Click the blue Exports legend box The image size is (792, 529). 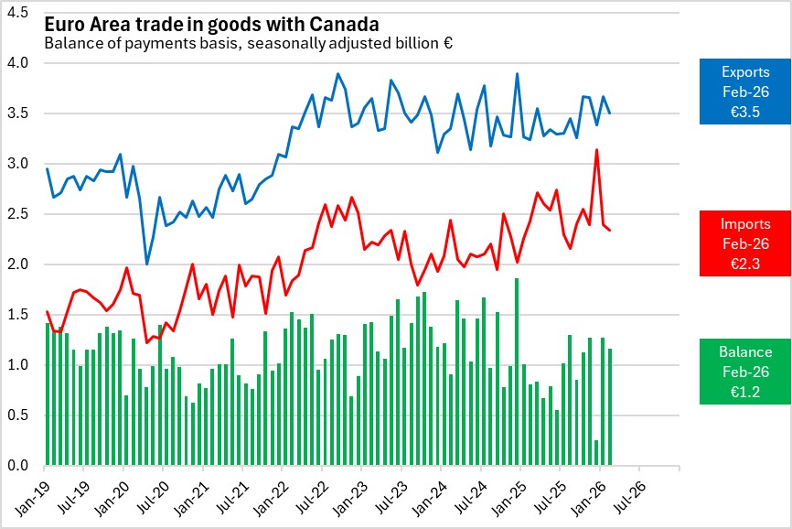click(x=745, y=92)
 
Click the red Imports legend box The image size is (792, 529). click(x=745, y=243)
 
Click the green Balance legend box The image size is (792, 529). click(x=745, y=372)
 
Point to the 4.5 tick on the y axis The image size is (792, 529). click(x=18, y=14)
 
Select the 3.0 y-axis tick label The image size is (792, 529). click(x=18, y=165)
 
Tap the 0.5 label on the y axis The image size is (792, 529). click(x=18, y=416)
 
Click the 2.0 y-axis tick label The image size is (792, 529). click(x=18, y=265)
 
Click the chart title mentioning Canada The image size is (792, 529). click(x=211, y=22)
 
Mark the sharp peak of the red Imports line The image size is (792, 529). click(x=597, y=150)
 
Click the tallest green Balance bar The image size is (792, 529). click(x=517, y=372)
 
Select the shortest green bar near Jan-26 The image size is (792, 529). click(x=597, y=453)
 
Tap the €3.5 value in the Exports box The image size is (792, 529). click(x=745, y=112)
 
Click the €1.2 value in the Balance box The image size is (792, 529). click(x=745, y=392)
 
